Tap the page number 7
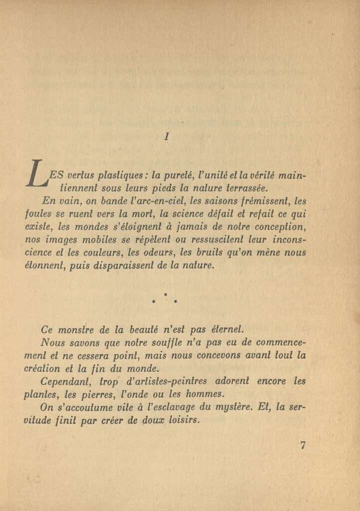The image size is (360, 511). pyautogui.click(x=303, y=446)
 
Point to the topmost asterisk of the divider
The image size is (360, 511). pyautogui.click(x=165, y=295)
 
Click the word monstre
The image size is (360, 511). pyautogui.click(x=74, y=329)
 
